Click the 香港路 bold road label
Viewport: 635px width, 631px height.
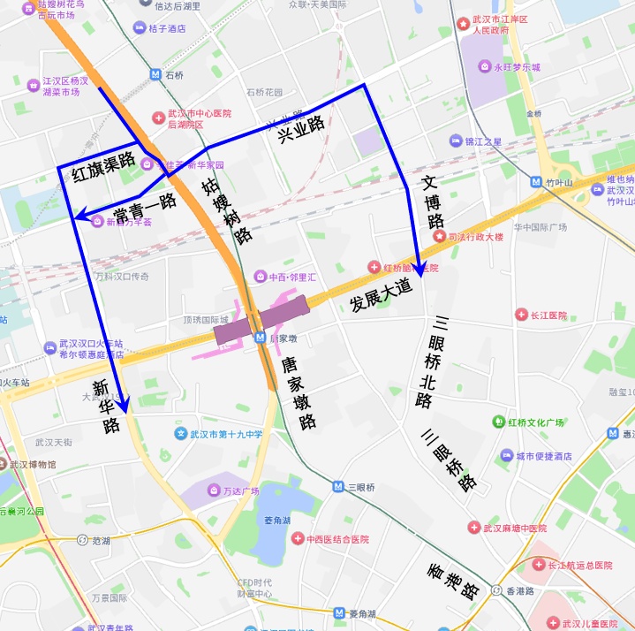pos(453,578)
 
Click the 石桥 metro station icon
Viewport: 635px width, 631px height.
pos(155,75)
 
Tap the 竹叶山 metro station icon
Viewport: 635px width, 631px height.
pos(535,182)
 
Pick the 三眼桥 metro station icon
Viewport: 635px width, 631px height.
pos(338,487)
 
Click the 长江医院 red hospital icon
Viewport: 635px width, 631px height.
pos(521,315)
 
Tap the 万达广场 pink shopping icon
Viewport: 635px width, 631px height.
pos(214,490)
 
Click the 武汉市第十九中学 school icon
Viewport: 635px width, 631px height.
pos(181,434)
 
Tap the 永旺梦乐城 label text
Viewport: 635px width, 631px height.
pos(517,66)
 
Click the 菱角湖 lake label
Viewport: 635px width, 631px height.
pos(276,521)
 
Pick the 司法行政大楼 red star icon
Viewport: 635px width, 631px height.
pos(439,236)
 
